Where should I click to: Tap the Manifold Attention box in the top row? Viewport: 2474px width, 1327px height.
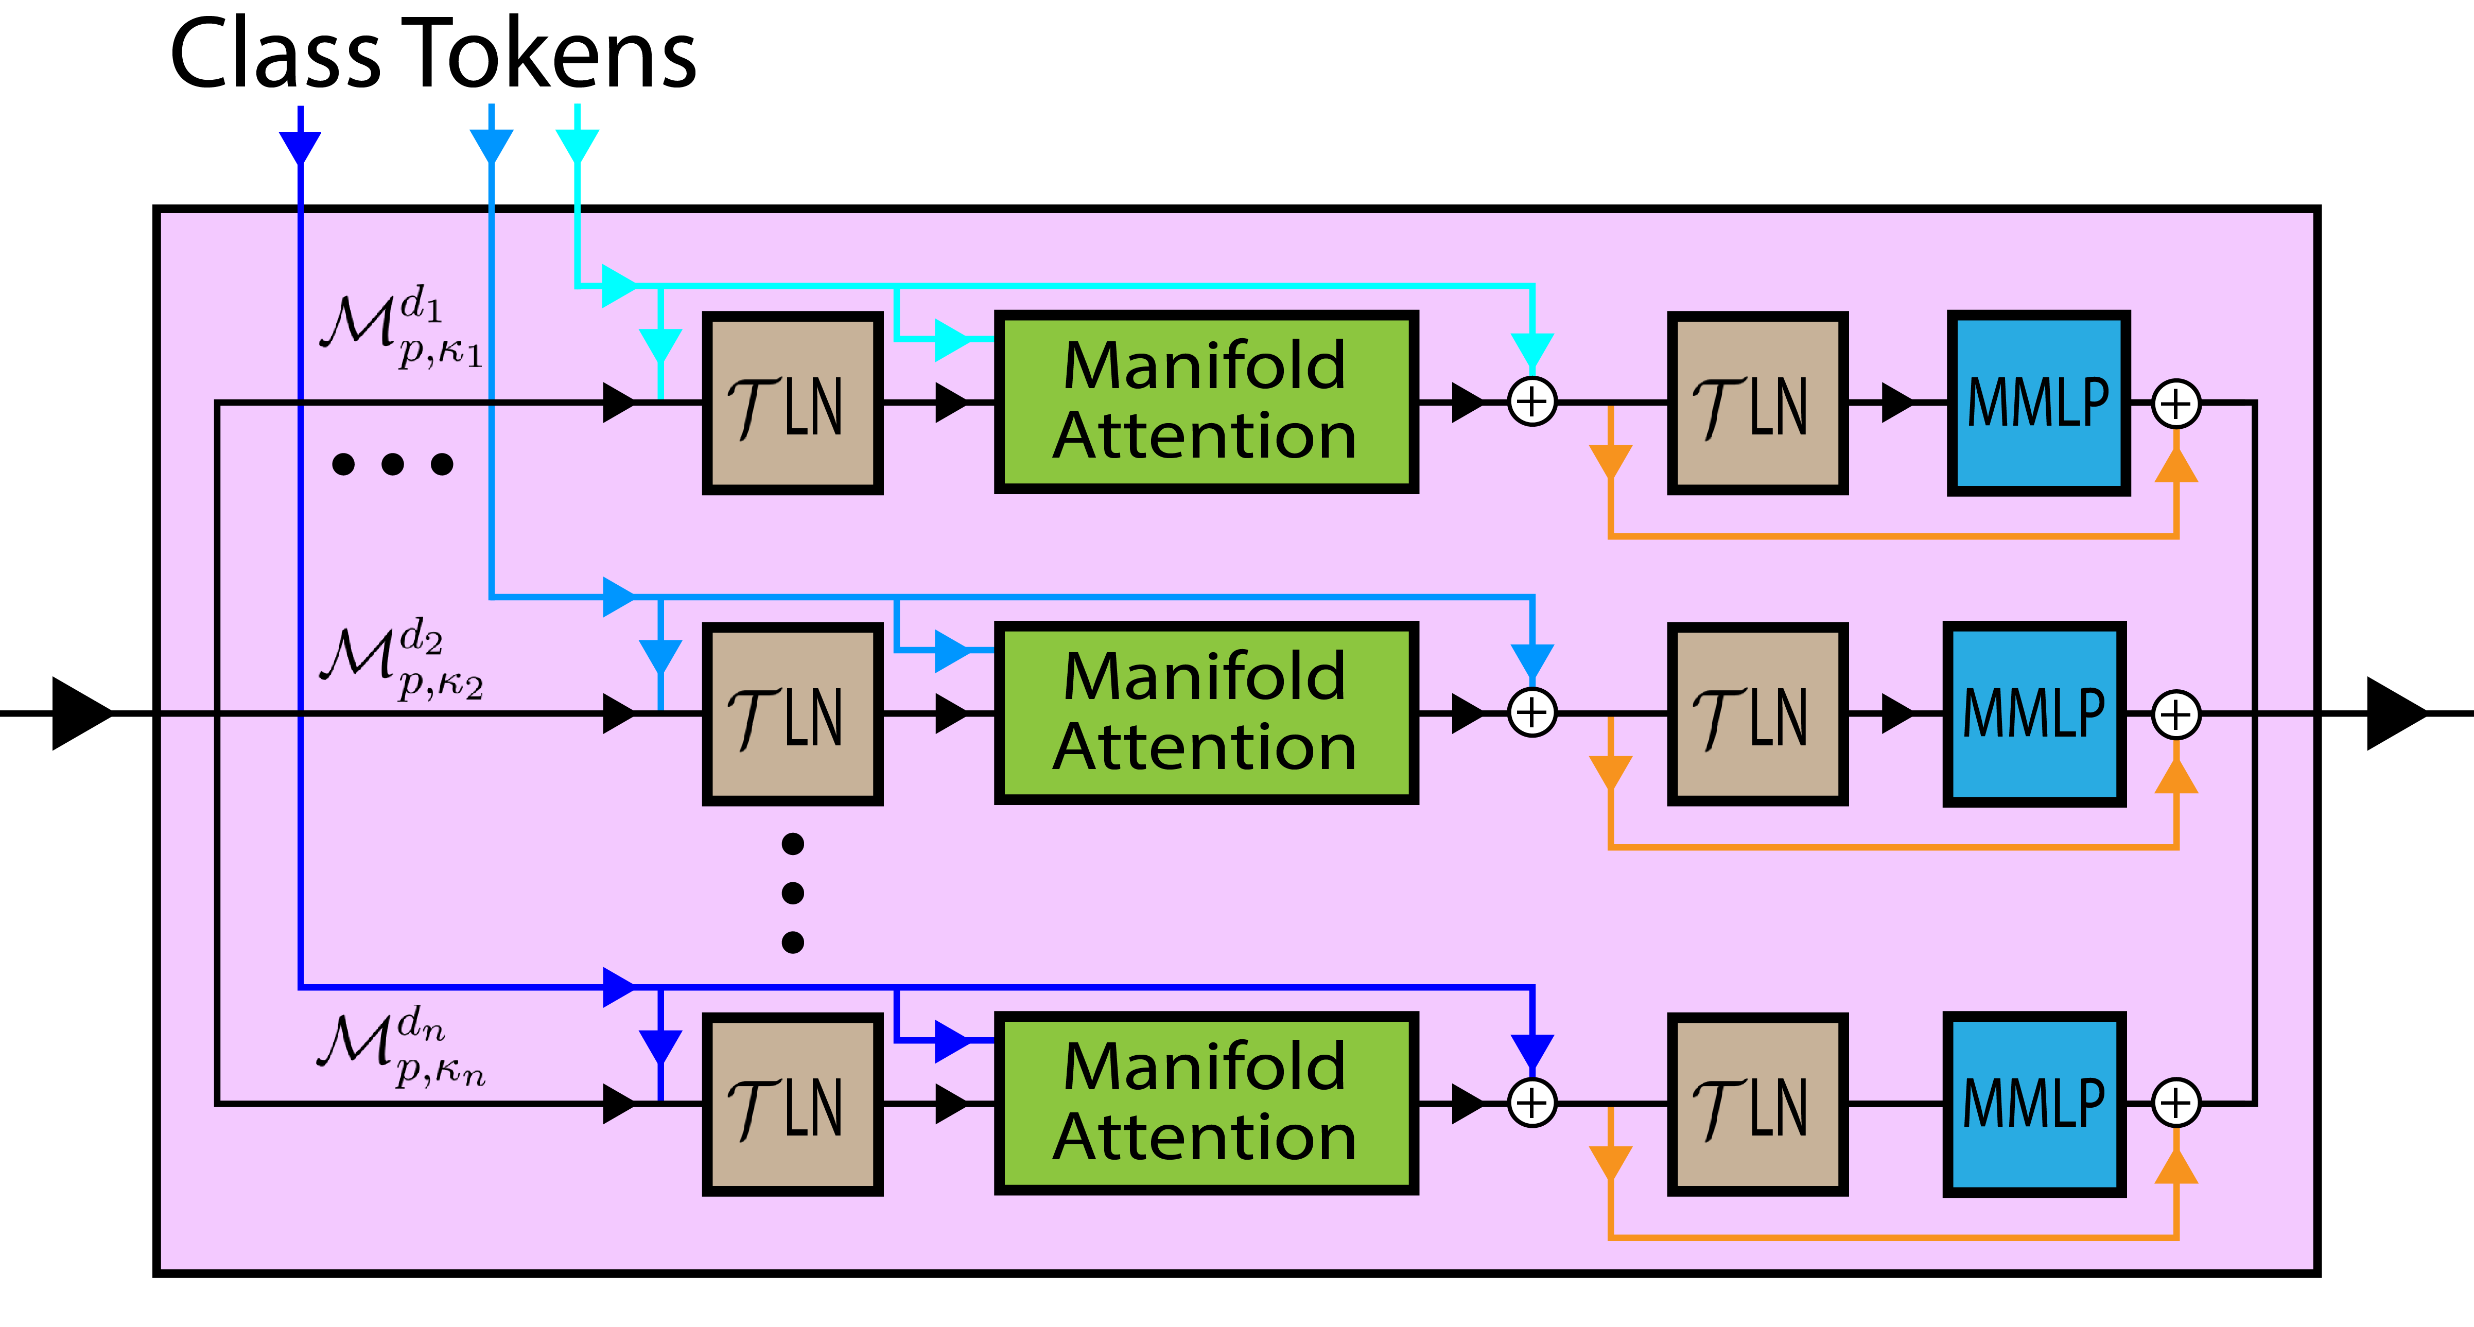pyautogui.click(x=1205, y=401)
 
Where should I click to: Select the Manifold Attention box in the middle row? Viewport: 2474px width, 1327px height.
pyautogui.click(x=1205, y=712)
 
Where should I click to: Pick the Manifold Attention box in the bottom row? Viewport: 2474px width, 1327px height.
pyautogui.click(x=1205, y=1102)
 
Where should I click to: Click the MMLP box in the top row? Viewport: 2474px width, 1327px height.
pyautogui.click(x=2038, y=403)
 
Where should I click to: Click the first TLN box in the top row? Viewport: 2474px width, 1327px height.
pyautogui.click(x=792, y=403)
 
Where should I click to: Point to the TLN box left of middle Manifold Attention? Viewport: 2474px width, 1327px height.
pyautogui.click(x=792, y=713)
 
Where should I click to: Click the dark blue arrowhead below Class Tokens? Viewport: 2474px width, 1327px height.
pyautogui.click(x=300, y=147)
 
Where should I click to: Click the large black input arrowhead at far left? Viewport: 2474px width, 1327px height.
pyautogui.click(x=82, y=713)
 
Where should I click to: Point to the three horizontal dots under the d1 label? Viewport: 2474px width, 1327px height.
pyautogui.click(x=392, y=465)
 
